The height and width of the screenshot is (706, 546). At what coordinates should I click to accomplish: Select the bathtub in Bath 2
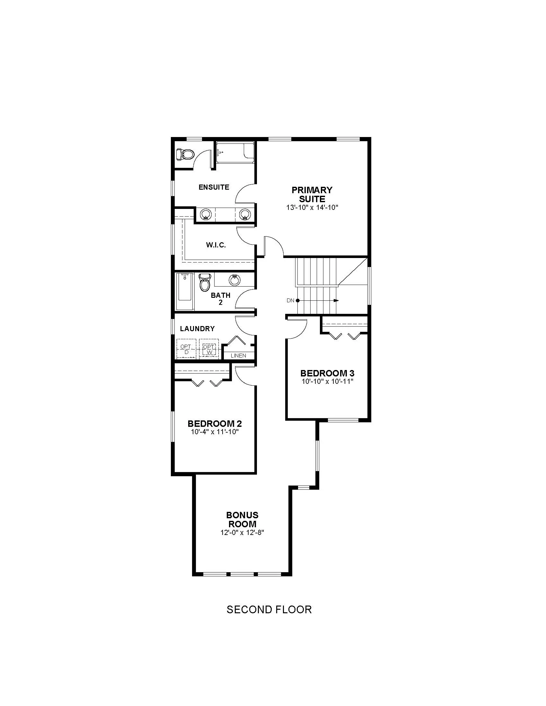pos(185,291)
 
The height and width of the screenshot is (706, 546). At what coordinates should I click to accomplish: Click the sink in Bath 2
pos(234,280)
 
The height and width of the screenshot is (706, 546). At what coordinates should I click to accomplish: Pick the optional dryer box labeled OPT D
pos(186,349)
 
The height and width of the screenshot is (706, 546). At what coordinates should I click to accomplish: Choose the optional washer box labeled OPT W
pos(209,349)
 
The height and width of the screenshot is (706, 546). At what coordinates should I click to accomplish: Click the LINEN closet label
pos(238,356)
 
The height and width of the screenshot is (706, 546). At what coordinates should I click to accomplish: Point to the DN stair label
pos(290,300)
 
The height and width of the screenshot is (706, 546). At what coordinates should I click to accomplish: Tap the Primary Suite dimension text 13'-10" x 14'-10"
pos(312,208)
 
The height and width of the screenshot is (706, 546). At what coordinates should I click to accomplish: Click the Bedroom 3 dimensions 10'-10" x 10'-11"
pos(327,382)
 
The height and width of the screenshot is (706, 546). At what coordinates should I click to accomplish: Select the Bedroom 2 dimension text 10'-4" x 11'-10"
pos(215,432)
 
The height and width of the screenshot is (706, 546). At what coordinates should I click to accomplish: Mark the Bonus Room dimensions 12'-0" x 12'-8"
pos(242,532)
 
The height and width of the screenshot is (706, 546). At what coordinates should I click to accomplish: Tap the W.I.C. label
pos(216,245)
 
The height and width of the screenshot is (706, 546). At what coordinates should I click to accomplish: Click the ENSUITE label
pos(214,187)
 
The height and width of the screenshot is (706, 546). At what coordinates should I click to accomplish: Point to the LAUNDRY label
pos(197,329)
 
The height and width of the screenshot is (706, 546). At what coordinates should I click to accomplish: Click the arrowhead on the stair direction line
pos(336,300)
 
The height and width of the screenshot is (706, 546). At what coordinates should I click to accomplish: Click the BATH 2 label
pos(221,299)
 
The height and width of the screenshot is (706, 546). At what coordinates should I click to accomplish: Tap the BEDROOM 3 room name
pos(327,373)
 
